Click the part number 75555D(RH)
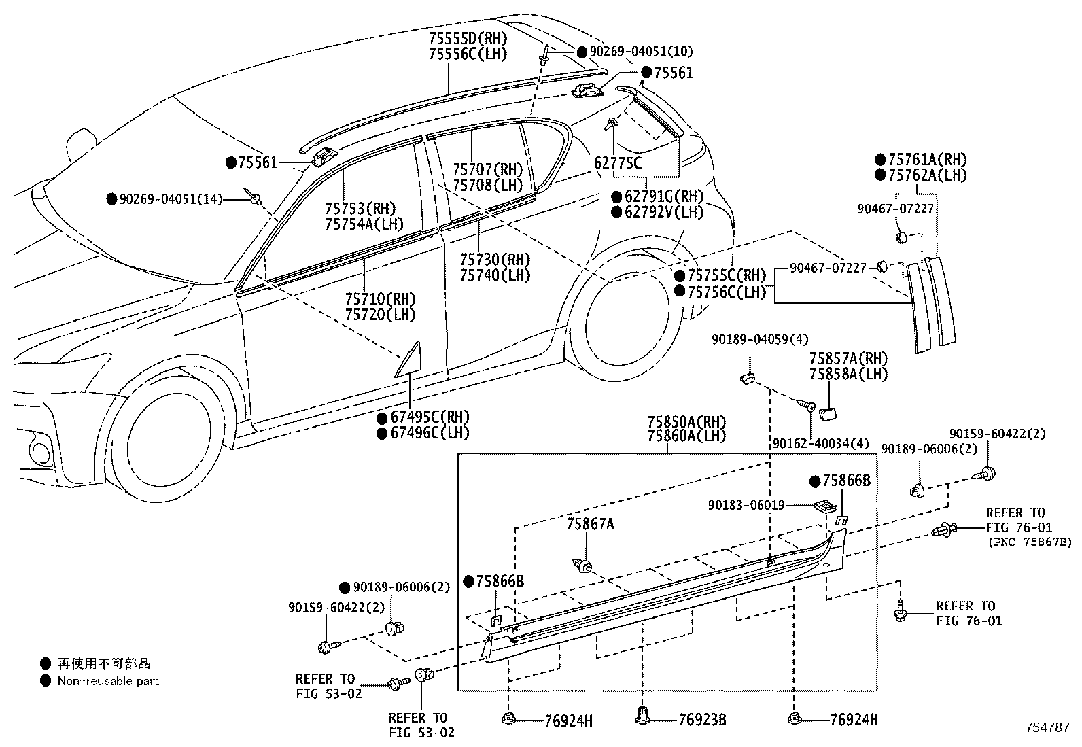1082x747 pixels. click(x=468, y=38)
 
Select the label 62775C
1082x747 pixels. click(x=618, y=163)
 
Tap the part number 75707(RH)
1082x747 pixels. click(x=488, y=170)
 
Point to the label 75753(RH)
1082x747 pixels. click(x=360, y=209)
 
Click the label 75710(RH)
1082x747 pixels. click(x=380, y=299)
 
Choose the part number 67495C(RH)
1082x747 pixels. click(x=430, y=417)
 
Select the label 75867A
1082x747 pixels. click(x=590, y=524)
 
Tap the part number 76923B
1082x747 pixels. click(x=702, y=720)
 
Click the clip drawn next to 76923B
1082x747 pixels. click(x=642, y=715)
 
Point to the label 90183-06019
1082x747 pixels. click(x=746, y=506)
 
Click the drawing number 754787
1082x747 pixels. click(x=1048, y=728)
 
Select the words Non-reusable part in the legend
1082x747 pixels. click(x=108, y=681)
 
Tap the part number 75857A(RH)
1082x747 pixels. click(x=849, y=358)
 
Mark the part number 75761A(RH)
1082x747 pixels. click(x=928, y=160)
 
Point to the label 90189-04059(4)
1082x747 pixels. click(x=760, y=340)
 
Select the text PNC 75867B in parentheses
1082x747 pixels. click(x=1030, y=542)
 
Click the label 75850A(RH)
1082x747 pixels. click(x=687, y=422)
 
